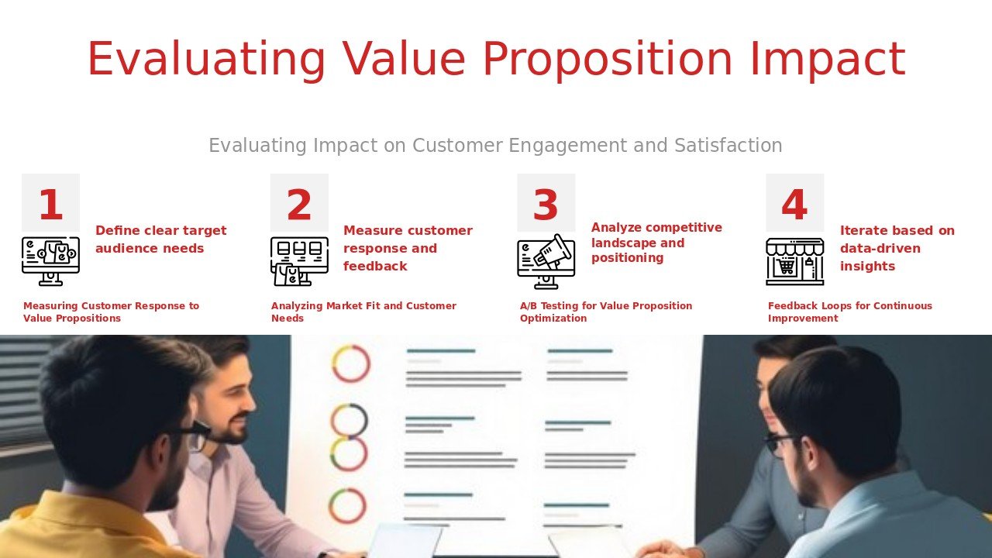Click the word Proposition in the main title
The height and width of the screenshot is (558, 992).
[607, 60]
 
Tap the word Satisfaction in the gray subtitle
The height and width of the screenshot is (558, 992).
[728, 145]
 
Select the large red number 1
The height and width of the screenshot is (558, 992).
[50, 205]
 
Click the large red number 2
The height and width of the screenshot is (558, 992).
[299, 205]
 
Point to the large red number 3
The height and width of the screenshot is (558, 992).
[545, 205]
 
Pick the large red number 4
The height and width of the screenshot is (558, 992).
[794, 205]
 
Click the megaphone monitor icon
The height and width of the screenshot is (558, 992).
[546, 261]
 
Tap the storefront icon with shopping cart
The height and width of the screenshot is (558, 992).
[795, 262]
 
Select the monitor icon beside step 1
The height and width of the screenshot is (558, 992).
[50, 261]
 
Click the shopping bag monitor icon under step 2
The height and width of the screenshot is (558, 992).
[299, 261]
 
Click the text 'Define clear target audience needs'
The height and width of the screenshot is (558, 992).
[160, 239]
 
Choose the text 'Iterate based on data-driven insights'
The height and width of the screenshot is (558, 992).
[897, 248]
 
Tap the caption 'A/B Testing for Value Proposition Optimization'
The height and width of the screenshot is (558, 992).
[606, 312]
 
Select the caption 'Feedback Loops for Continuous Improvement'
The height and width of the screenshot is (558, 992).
[850, 312]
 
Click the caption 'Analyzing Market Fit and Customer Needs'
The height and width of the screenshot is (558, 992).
[363, 312]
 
